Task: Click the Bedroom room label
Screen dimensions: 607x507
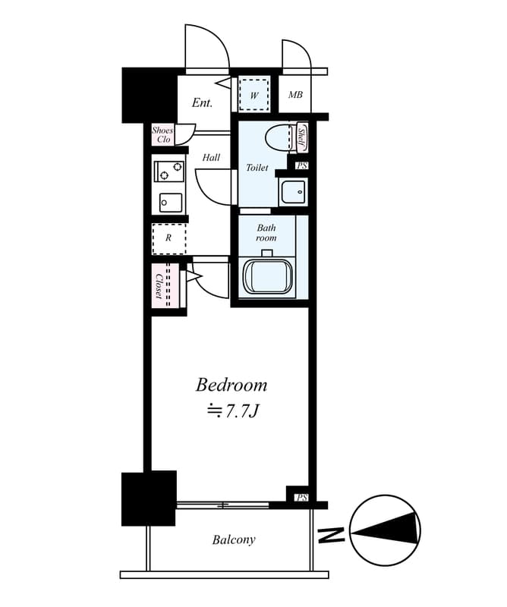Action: pyautogui.click(x=231, y=385)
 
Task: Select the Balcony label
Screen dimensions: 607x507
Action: pyautogui.click(x=233, y=539)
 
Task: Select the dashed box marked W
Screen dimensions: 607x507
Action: pyautogui.click(x=253, y=94)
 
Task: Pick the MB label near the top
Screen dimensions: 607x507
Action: pyautogui.click(x=295, y=95)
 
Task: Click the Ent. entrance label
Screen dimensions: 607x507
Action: pyautogui.click(x=202, y=102)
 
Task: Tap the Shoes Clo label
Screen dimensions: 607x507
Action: pyautogui.click(x=162, y=135)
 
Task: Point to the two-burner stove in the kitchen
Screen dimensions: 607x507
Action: pyautogui.click(x=168, y=171)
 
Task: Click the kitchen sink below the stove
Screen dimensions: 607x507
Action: pyautogui.click(x=170, y=203)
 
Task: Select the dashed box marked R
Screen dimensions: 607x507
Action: pyautogui.click(x=168, y=238)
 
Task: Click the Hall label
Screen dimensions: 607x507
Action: pyautogui.click(x=211, y=157)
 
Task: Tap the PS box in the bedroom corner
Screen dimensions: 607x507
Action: pyautogui.click(x=301, y=497)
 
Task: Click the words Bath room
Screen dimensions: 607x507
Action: pyautogui.click(x=266, y=232)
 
